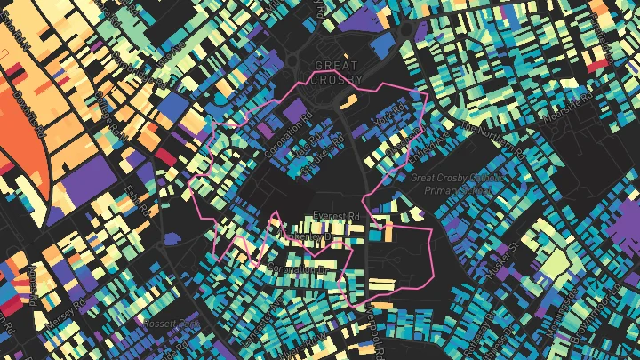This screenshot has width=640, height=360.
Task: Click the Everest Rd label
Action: (x=335, y=217)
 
